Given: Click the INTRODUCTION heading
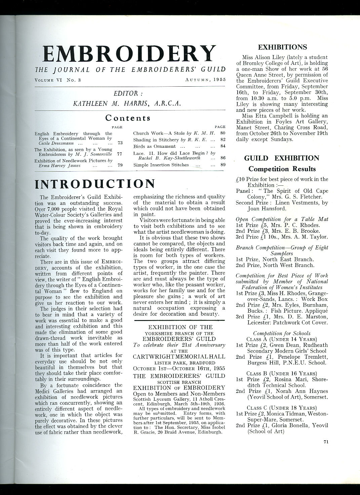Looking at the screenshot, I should click(95, 184).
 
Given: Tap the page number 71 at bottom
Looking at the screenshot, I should click(326, 442).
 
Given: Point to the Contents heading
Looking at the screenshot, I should click(128, 118).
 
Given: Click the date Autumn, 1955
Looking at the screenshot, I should click(205, 80).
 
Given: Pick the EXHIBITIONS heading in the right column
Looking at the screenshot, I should click(282, 47).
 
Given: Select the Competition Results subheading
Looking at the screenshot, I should click(282, 169).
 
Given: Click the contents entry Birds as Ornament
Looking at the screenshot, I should click(154, 146).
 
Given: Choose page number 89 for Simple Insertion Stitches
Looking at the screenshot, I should click(223, 165).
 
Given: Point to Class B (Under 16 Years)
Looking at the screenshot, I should click(281, 373).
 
